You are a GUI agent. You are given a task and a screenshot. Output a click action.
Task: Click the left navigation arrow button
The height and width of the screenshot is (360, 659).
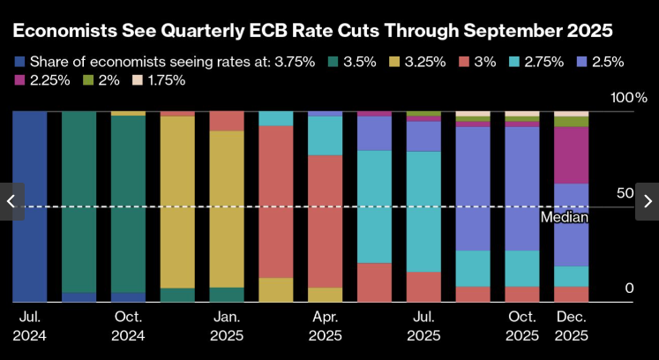(x=11, y=201)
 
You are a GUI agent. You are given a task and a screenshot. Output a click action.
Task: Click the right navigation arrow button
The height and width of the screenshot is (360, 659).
(x=647, y=201)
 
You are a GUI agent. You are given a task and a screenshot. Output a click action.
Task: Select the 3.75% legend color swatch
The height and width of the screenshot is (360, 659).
(x=19, y=62)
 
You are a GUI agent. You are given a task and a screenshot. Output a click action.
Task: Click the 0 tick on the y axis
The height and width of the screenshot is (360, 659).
(x=629, y=289)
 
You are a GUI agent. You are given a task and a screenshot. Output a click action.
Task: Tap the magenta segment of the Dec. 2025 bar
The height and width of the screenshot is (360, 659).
(x=571, y=154)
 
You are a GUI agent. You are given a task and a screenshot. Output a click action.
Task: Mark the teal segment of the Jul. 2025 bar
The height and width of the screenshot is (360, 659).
(x=423, y=212)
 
